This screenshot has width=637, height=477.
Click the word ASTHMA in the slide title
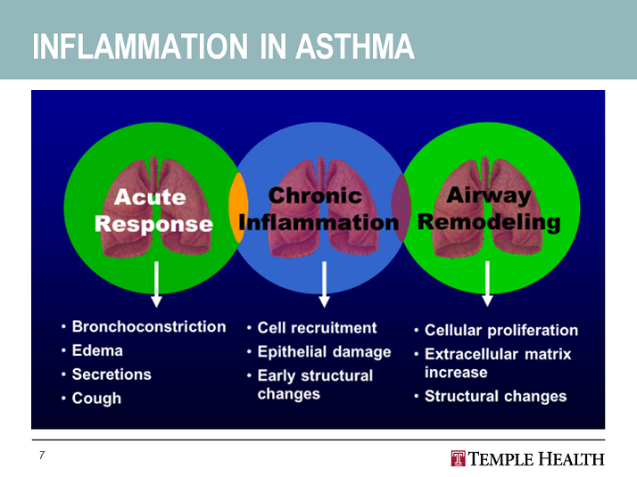[355, 46]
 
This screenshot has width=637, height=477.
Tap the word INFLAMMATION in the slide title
[140, 46]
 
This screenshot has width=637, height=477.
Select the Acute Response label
[153, 210]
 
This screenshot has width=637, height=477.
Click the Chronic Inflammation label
[318, 209]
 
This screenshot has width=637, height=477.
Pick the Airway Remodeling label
[489, 209]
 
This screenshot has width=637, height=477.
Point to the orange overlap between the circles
[238, 208]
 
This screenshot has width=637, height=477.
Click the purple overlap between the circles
[401, 208]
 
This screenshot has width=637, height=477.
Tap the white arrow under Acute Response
[156, 284]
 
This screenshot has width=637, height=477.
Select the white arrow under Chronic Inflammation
[324, 284]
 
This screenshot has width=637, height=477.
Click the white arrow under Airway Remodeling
[487, 284]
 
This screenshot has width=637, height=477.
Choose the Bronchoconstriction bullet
[149, 327]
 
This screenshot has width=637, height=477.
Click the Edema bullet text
[97, 350]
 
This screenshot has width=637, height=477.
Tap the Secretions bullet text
[112, 374]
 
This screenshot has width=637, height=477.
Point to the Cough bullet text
[96, 399]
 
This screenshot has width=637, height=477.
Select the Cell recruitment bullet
[317, 328]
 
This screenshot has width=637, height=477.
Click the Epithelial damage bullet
[324, 352]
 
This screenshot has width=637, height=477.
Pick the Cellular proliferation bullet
[501, 331]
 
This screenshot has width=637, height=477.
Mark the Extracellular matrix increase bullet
[498, 364]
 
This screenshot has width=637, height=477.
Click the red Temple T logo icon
[458, 459]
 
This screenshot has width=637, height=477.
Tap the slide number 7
[42, 455]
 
